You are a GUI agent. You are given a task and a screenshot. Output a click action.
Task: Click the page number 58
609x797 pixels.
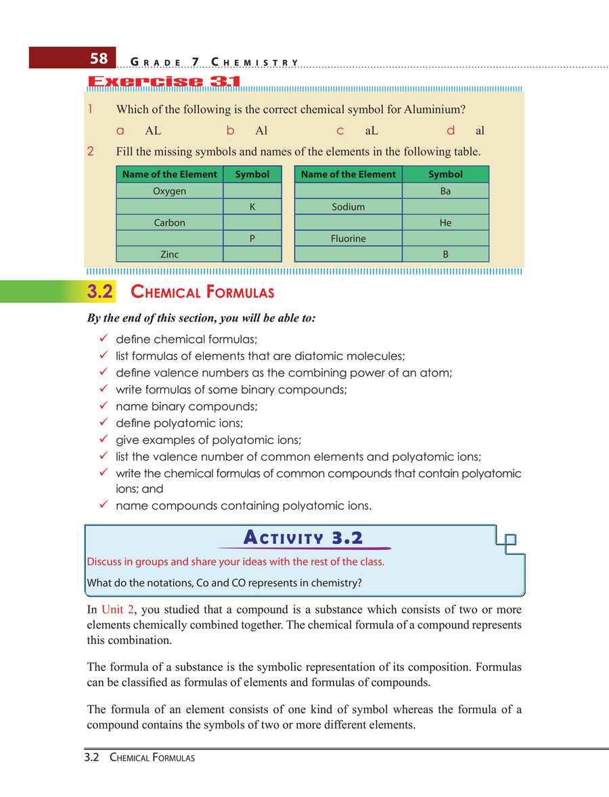pos(99,58)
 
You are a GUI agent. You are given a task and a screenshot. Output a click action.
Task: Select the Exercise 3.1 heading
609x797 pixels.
pos(164,83)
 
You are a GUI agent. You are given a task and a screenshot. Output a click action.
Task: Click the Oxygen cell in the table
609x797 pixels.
pos(169,191)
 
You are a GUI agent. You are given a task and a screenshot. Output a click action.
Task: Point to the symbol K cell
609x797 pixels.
pos(252,207)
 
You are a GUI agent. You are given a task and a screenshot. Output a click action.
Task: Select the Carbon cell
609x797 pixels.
pos(169,223)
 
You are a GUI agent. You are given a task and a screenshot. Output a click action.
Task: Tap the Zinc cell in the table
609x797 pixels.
pos(169,254)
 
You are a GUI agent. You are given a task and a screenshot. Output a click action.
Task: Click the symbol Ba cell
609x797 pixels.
pos(445,191)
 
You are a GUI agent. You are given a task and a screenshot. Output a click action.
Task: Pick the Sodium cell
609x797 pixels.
pos(348,207)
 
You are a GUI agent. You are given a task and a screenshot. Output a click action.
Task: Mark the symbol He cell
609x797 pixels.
pos(445,223)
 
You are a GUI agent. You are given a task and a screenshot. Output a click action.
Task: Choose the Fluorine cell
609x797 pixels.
pos(348,239)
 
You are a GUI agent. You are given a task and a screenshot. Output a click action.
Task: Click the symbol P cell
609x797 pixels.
pos(252,239)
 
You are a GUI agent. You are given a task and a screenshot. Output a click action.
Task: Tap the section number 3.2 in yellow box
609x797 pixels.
pos(99,292)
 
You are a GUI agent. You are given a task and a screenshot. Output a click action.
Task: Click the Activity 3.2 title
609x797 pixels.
pos(302,538)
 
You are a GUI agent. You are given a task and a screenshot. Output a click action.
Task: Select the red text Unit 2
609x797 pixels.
pos(118,610)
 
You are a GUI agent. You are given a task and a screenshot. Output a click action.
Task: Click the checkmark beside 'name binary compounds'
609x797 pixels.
pos(104,407)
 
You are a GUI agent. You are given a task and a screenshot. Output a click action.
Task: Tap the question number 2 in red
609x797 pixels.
pos(91,152)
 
